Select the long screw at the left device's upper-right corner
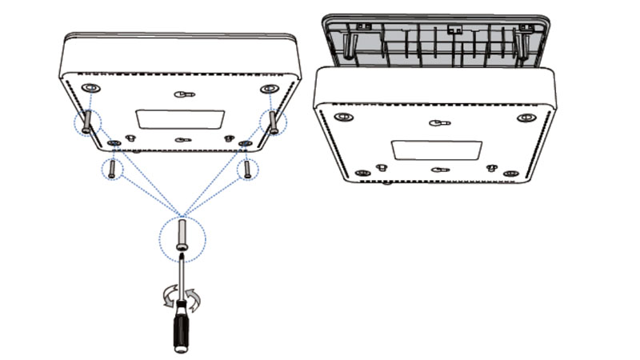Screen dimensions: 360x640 click(274, 122)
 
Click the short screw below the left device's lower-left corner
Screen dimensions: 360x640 click(112, 168)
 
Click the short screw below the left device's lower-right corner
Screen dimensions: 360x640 click(247, 169)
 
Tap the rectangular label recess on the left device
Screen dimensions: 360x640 click(181, 119)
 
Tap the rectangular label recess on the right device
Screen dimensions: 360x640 click(436, 150)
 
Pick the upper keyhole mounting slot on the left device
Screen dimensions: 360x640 click(184, 94)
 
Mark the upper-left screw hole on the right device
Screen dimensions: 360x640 click(344, 118)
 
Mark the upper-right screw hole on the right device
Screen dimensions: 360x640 click(526, 118)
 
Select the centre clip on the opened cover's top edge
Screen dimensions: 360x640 click(456, 29)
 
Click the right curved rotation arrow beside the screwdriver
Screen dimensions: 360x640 click(195, 299)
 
